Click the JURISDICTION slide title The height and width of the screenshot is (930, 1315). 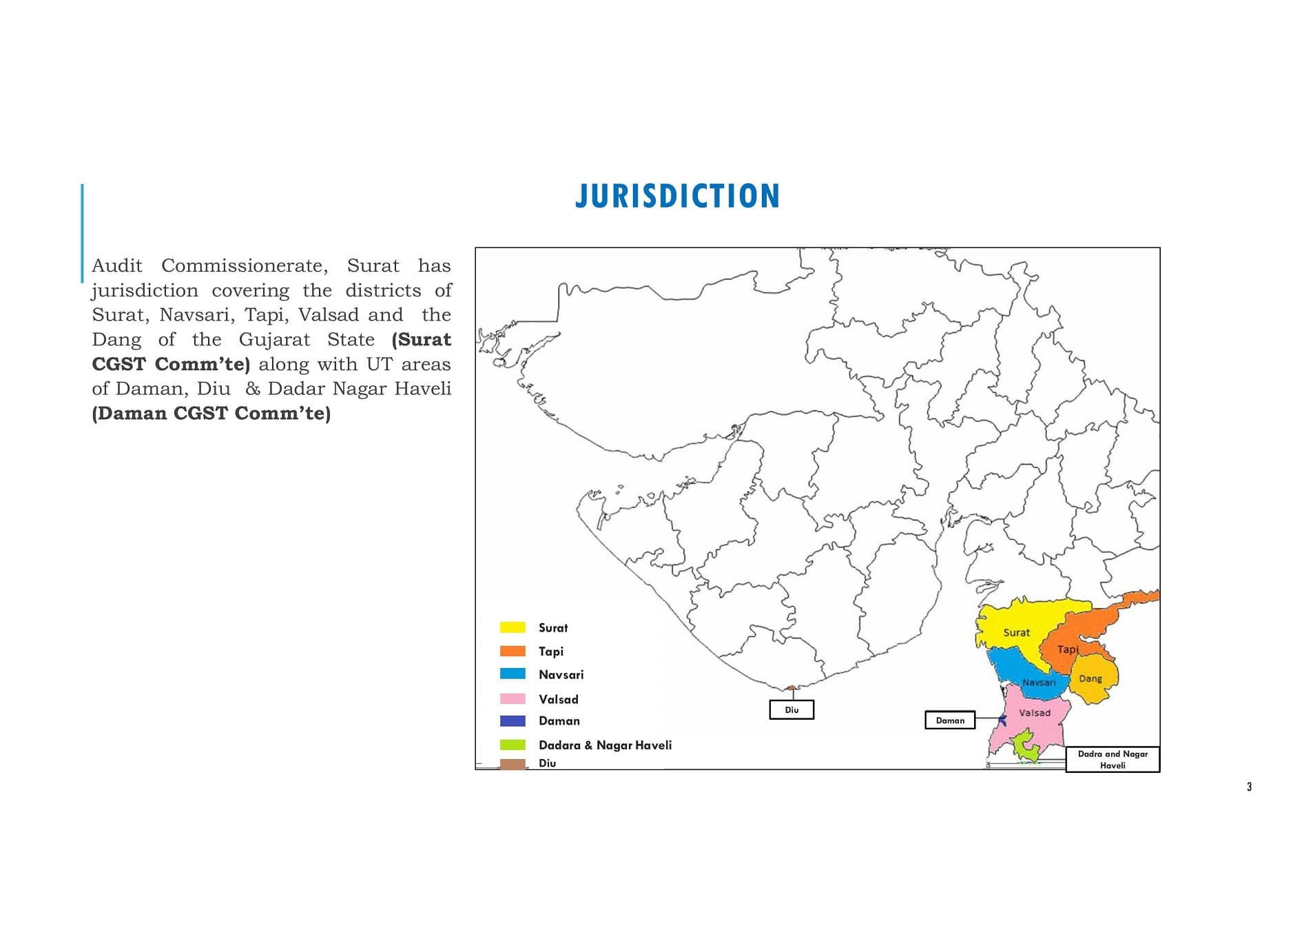point(677,196)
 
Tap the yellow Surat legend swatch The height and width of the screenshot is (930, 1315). point(512,627)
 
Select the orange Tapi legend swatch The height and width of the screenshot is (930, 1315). point(512,651)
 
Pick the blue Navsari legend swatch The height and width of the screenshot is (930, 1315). point(512,674)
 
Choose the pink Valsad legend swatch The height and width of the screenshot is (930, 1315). point(512,698)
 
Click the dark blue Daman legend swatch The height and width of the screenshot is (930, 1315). point(512,720)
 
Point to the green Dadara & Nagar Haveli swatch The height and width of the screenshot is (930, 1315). point(512,745)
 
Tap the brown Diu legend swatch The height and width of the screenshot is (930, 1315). point(512,764)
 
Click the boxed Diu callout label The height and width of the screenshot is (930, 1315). point(791,709)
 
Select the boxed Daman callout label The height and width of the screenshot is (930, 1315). point(950,720)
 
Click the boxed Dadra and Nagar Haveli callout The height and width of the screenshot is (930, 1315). point(1112,759)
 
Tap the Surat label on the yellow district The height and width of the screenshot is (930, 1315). point(1016,632)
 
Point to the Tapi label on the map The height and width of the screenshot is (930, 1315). point(1067,649)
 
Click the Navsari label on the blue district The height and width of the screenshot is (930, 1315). point(1038,683)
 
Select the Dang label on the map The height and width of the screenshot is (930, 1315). point(1090,678)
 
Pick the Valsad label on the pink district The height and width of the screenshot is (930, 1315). point(1035,713)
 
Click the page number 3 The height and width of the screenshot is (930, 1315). point(1249,787)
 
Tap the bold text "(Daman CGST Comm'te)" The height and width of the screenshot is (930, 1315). point(211,413)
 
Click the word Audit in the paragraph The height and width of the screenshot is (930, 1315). point(117,265)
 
